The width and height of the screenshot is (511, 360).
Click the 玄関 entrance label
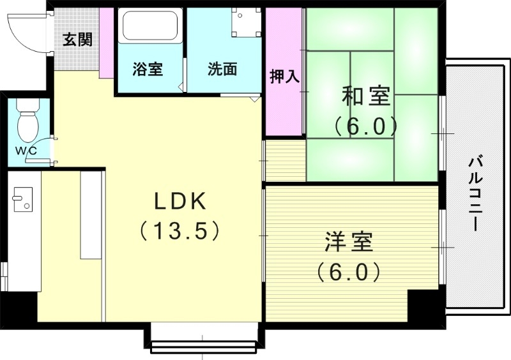tap(77, 39)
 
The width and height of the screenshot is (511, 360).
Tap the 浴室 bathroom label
tap(148, 70)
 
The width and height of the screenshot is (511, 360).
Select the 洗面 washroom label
tap(222, 70)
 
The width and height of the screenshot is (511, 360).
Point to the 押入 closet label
tap(284, 77)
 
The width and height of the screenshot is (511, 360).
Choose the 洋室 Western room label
tap(349, 243)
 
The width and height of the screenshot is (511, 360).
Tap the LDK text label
tap(179, 202)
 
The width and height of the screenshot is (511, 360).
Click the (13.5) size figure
tap(179, 230)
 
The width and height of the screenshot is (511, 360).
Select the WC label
tap(25, 151)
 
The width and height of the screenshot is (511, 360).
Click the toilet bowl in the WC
tap(27, 125)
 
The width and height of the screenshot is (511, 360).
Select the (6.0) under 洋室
tap(349, 273)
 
